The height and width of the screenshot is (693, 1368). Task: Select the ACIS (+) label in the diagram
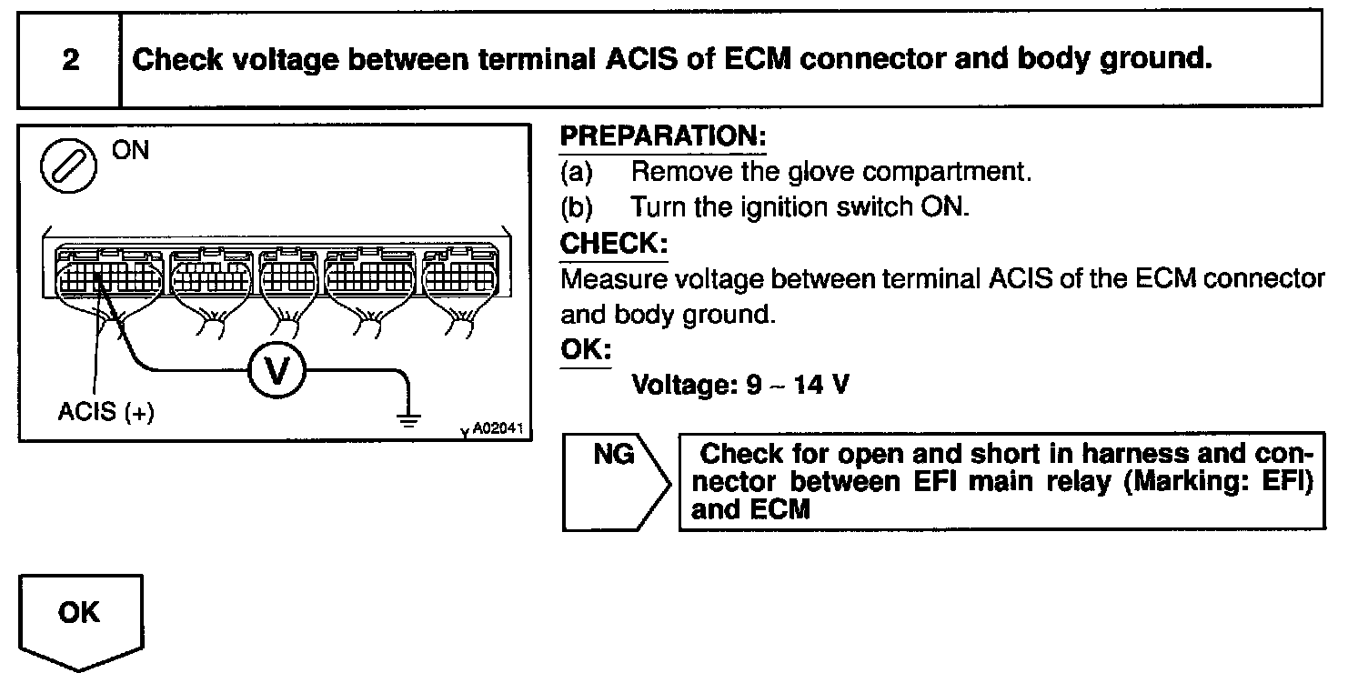point(106,412)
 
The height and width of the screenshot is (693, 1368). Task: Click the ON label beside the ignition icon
point(130,151)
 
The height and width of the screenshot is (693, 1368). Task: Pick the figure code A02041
point(497,428)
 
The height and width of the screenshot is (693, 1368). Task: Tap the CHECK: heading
point(614,243)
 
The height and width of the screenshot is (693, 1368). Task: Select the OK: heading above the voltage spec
point(586,349)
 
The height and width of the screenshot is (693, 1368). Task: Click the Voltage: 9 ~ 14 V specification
point(741,385)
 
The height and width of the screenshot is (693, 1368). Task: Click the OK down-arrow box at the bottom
point(79,619)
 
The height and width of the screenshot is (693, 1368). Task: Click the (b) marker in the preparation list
point(577,207)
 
